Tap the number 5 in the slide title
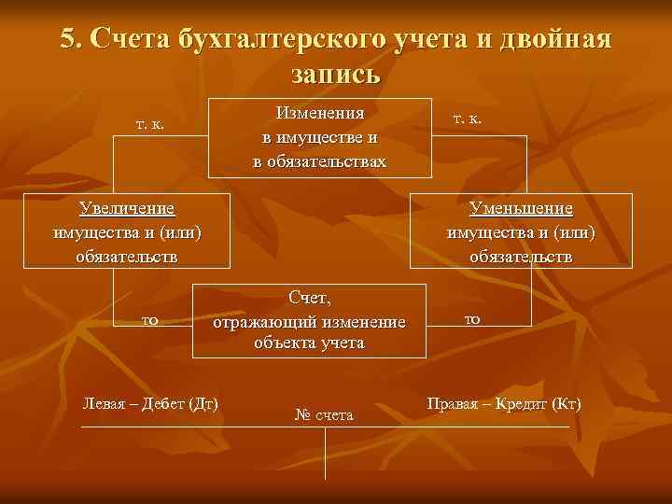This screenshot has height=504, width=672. tap(68, 38)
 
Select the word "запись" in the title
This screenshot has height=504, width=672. tap(336, 72)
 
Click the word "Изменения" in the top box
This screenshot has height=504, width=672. tap(319, 113)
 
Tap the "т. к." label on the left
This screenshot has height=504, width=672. tap(149, 123)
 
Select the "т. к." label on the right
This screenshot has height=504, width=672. tap(467, 119)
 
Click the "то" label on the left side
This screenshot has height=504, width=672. tap(148, 320)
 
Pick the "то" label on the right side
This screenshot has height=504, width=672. tap(473, 319)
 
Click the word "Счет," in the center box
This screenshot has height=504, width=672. tap(310, 298)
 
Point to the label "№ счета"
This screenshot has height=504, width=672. tap(324, 413)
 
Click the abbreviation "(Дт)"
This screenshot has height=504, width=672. tap(203, 404)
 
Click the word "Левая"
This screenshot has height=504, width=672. tap(105, 404)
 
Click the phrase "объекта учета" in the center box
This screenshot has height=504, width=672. tap(309, 343)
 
